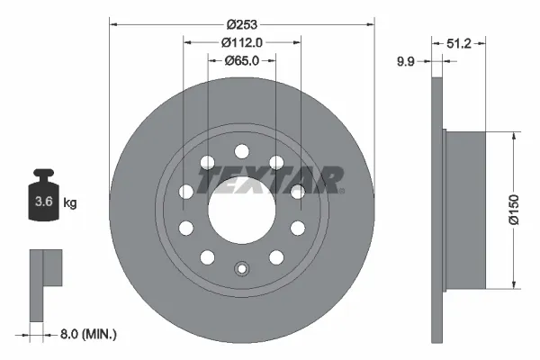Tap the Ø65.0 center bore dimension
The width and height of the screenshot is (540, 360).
240,62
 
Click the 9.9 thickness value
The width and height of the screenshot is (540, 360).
408,62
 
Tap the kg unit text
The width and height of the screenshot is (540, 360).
69,203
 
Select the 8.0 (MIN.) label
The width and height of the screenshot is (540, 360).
87,334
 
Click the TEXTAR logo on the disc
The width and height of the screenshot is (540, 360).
270,180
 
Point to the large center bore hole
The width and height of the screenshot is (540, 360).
240,212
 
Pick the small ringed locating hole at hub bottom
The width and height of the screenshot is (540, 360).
240,268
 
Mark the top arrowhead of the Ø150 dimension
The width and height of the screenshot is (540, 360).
513,137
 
